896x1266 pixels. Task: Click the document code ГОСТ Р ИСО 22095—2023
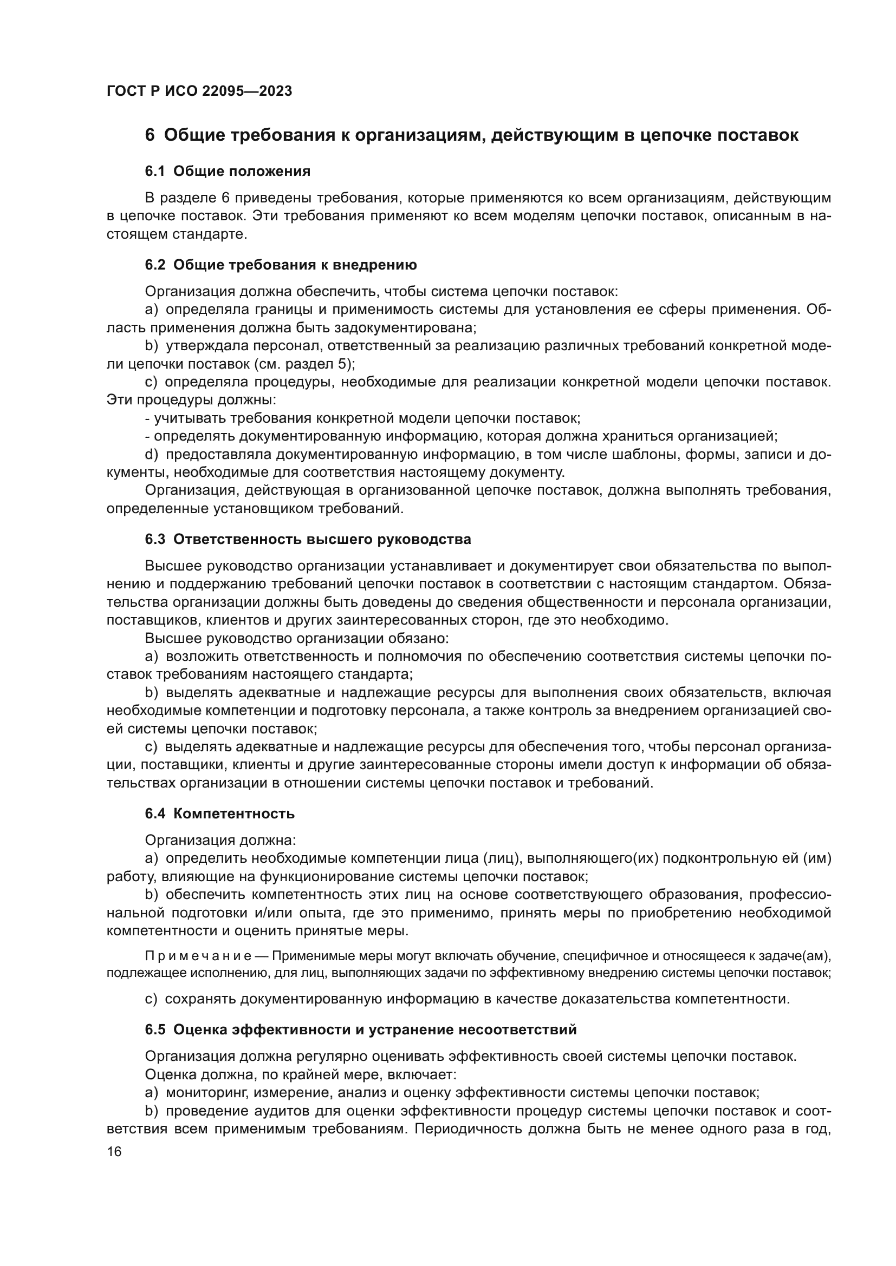click(199, 91)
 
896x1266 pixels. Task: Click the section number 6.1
click(155, 172)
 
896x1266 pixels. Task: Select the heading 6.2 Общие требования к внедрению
click(281, 265)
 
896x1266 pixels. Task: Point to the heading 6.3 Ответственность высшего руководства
click(308, 540)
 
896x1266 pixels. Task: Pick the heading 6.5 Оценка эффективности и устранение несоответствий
click(361, 1029)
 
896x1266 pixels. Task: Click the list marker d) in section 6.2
click(151, 455)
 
